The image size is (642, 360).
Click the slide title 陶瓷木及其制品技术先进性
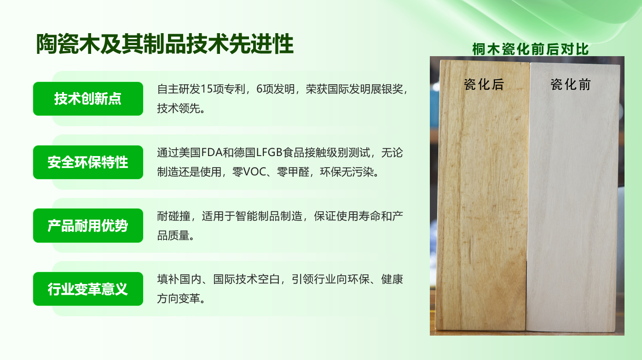165,44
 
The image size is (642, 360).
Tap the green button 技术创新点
88,99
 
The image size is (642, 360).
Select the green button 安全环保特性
88,162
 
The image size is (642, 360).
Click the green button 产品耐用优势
88,226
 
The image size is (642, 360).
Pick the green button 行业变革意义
88,289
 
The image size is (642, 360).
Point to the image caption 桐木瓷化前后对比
530,49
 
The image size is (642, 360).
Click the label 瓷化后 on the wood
484,84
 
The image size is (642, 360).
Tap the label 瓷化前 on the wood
571,84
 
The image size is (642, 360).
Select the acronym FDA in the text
212,152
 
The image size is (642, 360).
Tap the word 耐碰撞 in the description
174,216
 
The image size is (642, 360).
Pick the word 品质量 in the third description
173,236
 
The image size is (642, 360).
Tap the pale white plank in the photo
572,198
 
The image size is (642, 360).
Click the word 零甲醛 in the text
293,172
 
